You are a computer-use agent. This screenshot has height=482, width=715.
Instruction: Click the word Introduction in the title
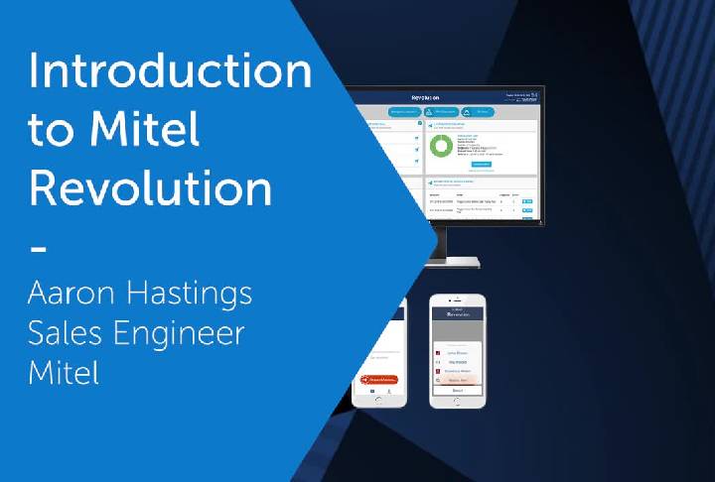(x=169, y=72)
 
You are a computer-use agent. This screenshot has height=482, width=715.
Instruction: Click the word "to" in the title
(x=51, y=130)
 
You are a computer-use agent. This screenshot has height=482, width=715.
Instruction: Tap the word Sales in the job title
(x=66, y=333)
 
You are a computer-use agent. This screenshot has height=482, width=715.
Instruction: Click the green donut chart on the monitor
(x=440, y=148)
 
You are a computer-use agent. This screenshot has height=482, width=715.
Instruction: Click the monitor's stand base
(x=452, y=262)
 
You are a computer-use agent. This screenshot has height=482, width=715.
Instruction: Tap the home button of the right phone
(x=458, y=400)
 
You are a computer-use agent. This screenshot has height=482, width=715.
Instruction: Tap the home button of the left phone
(x=380, y=400)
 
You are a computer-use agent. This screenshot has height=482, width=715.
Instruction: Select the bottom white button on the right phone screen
(x=458, y=389)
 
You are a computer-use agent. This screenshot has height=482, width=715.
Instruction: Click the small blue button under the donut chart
(x=480, y=164)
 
